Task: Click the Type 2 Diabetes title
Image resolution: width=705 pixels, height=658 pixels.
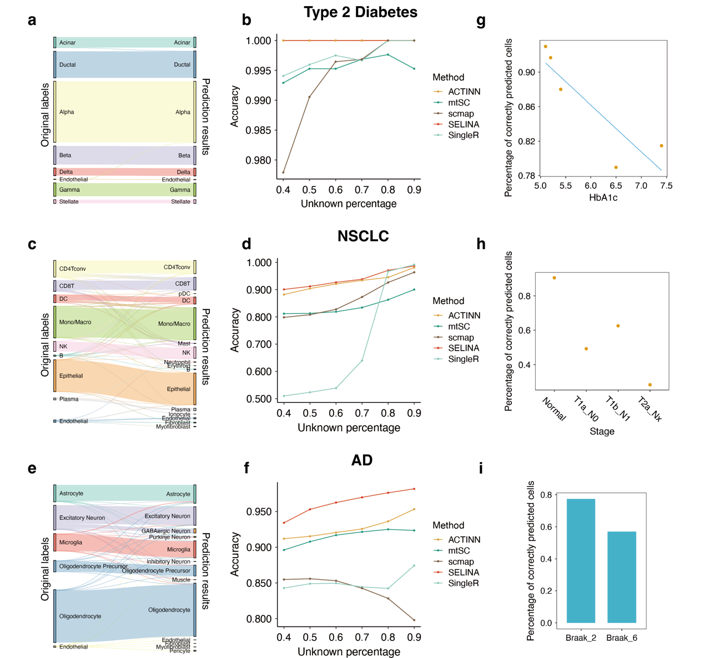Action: tap(360, 12)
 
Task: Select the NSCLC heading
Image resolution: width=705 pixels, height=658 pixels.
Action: tap(363, 236)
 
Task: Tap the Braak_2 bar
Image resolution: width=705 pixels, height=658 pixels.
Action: tap(581, 560)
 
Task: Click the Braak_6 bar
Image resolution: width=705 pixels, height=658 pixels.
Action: tap(622, 577)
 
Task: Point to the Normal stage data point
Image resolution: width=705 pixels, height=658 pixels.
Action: tap(554, 278)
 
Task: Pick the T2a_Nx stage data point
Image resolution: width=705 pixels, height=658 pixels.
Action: tap(649, 385)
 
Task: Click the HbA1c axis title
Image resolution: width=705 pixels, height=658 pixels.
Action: tap(603, 198)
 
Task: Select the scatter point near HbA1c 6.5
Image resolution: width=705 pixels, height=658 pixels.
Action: tap(616, 168)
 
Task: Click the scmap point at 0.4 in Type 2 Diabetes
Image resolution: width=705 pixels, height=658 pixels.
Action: tap(283, 173)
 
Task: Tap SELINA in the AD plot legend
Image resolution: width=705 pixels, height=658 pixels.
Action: tap(464, 573)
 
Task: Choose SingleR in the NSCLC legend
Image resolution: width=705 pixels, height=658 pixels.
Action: tap(463, 359)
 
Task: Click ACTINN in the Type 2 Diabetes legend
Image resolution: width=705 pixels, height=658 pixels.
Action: tap(464, 92)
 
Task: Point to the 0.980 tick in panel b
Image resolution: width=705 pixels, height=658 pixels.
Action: tap(259, 160)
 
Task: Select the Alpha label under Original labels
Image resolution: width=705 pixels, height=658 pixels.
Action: tap(67, 112)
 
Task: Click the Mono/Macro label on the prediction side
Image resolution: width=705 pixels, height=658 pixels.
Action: tap(174, 324)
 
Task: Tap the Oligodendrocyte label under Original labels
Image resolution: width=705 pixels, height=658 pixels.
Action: tap(80, 616)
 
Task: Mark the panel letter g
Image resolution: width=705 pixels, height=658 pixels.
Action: tap(481, 21)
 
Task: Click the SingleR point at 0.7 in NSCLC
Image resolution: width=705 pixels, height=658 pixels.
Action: tap(362, 361)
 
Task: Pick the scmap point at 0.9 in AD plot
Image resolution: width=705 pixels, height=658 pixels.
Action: tap(414, 620)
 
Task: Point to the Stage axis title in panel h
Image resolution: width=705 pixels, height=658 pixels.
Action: tap(602, 432)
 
